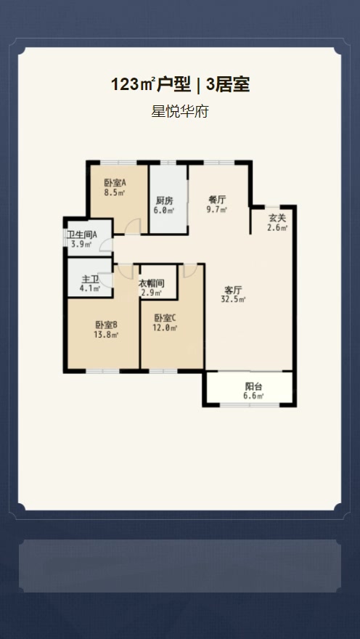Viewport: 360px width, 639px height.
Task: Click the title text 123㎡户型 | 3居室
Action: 180,85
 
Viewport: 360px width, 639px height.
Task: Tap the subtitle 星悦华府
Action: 179,111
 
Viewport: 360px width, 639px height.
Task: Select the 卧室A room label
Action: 115,183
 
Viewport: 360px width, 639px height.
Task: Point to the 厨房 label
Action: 165,201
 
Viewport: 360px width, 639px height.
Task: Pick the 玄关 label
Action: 277,218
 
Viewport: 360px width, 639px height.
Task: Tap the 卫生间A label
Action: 82,235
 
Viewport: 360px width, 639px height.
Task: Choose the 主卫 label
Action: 91,280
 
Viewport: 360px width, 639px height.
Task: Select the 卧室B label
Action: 107,325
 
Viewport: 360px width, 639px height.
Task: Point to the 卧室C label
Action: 165,318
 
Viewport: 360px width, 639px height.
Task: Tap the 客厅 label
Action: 234,290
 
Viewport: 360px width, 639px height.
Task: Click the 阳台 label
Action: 253,387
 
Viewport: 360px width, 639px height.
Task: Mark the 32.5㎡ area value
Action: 234,300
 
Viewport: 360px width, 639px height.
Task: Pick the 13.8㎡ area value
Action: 107,335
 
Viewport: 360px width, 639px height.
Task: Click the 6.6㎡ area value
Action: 253,396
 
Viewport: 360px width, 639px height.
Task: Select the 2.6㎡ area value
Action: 277,228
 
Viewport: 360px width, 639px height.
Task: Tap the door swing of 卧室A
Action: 133,226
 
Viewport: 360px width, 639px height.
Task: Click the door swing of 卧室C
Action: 189,271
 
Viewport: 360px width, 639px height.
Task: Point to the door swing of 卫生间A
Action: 107,245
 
